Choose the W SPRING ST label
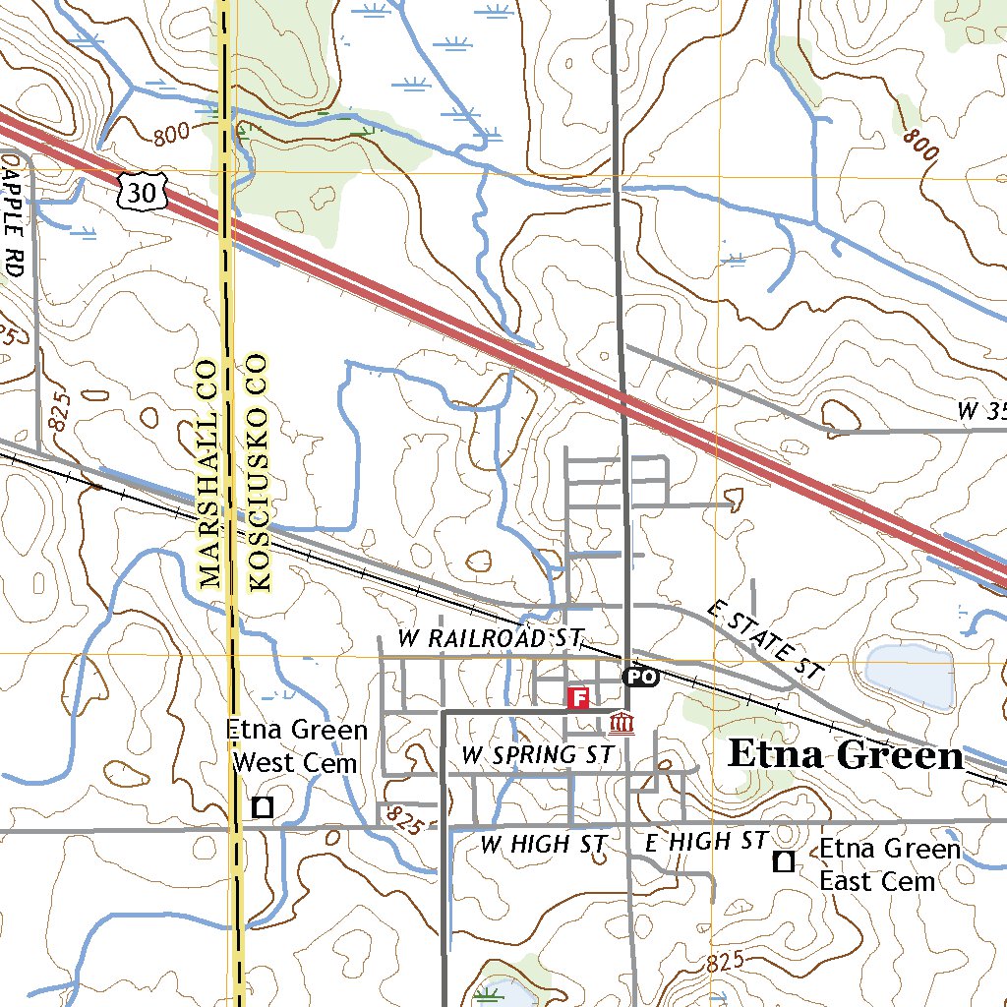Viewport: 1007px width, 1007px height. click(x=537, y=755)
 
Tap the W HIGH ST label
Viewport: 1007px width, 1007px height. click(x=538, y=844)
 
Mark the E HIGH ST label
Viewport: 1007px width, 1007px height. click(x=705, y=842)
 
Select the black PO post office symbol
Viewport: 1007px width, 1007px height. click(x=639, y=677)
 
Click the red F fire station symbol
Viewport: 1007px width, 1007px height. click(x=579, y=698)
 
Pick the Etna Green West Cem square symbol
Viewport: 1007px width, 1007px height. click(x=263, y=807)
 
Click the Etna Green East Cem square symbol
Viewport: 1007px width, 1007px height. click(x=784, y=862)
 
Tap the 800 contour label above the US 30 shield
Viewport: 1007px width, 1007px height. click(x=171, y=138)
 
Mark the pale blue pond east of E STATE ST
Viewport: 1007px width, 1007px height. click(x=909, y=677)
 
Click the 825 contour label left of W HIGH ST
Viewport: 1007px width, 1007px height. click(x=405, y=816)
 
